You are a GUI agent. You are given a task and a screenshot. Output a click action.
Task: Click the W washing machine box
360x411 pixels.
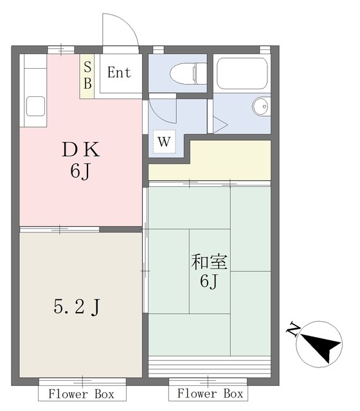coord(165,142)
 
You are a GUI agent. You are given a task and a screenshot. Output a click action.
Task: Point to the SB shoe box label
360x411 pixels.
coord(87,74)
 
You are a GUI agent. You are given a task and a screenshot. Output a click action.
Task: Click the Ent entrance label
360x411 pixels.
coord(119,72)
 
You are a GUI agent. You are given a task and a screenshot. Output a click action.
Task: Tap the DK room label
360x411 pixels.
coord(80,151)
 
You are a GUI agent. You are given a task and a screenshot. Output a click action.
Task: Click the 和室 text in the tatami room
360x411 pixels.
coord(210,262)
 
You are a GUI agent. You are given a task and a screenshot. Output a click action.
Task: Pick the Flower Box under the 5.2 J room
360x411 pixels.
coord(81,393)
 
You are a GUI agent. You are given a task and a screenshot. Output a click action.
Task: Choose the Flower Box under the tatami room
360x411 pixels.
coord(210,393)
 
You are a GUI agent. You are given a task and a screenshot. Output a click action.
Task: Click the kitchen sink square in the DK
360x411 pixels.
coord(35,105)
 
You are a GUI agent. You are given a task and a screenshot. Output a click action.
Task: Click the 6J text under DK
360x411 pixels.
coord(80,173)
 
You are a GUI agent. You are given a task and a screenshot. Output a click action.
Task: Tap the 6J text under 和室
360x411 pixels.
coord(210,281)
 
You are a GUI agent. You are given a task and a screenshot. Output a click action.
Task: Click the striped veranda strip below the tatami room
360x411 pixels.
coord(210,367)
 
